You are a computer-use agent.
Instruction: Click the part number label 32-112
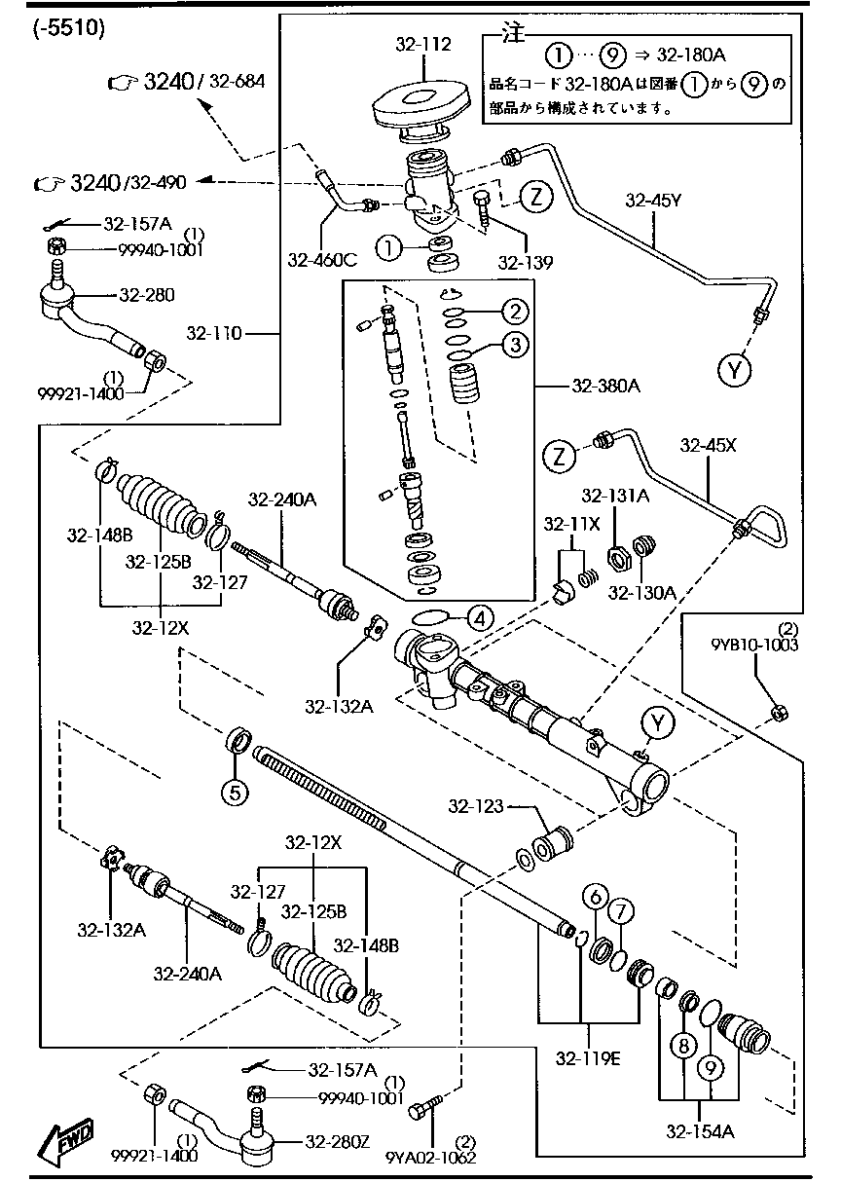tap(424, 44)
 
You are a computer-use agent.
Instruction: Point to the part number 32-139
tap(525, 262)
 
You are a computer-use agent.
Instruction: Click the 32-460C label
tap(321, 259)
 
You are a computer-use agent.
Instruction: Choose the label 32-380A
tap(605, 385)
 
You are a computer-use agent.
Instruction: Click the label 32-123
tap(476, 805)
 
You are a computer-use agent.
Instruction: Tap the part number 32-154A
tap(700, 1130)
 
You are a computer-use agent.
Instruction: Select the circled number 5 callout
tap(235, 791)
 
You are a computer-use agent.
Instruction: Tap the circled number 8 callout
tap(683, 1046)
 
